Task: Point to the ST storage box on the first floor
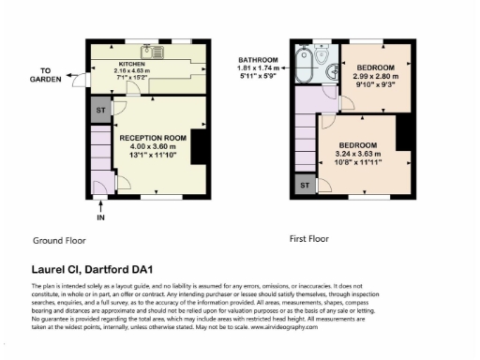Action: click(303, 186)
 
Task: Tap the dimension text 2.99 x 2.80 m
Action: click(373, 76)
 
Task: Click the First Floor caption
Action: click(310, 239)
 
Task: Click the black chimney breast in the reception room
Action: click(198, 146)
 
